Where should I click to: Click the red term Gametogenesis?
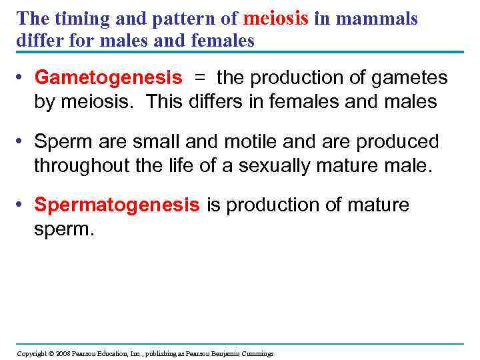click(108, 78)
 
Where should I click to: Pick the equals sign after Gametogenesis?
click(200, 78)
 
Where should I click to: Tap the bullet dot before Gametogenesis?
click(22, 79)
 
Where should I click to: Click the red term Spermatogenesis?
click(117, 205)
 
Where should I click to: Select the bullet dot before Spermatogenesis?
click(22, 206)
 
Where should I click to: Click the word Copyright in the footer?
click(30, 353)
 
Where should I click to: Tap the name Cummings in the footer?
click(256, 353)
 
